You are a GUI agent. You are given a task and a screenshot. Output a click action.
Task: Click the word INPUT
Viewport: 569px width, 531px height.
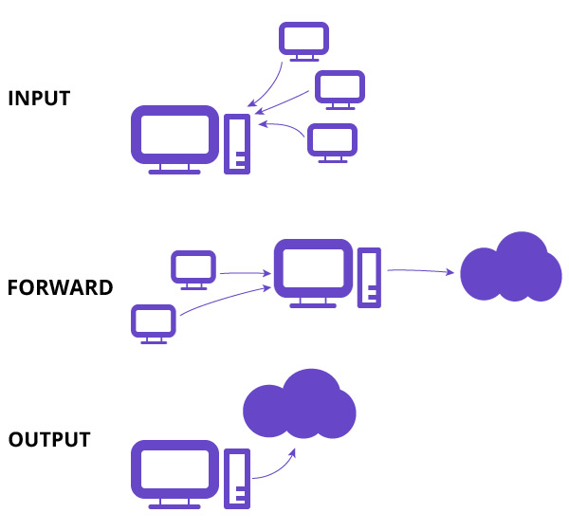coord(39,98)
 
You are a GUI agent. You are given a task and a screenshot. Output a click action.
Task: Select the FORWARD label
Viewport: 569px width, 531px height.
coord(60,287)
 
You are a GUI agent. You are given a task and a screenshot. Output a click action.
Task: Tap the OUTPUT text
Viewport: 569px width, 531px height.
coord(49,440)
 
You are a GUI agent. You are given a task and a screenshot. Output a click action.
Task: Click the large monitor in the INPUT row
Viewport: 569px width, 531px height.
coord(174,137)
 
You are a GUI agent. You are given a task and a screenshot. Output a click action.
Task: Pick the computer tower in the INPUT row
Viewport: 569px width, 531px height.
coord(237,143)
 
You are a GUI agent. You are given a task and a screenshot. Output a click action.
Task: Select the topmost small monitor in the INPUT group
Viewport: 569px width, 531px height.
coord(304,41)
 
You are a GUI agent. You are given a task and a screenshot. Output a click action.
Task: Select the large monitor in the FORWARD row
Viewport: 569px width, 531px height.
coord(313,269)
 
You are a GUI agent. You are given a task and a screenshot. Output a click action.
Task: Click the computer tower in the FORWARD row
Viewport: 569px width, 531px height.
coord(369,277)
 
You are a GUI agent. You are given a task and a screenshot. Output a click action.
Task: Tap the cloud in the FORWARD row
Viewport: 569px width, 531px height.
coord(510,270)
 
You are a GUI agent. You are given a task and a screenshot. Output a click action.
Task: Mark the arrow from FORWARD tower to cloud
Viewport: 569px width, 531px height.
coord(419,271)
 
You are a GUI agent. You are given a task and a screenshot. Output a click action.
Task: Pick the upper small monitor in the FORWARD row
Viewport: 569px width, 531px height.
coord(193,268)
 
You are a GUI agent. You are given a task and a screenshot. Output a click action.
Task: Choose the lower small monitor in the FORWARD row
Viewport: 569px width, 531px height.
coord(153,322)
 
